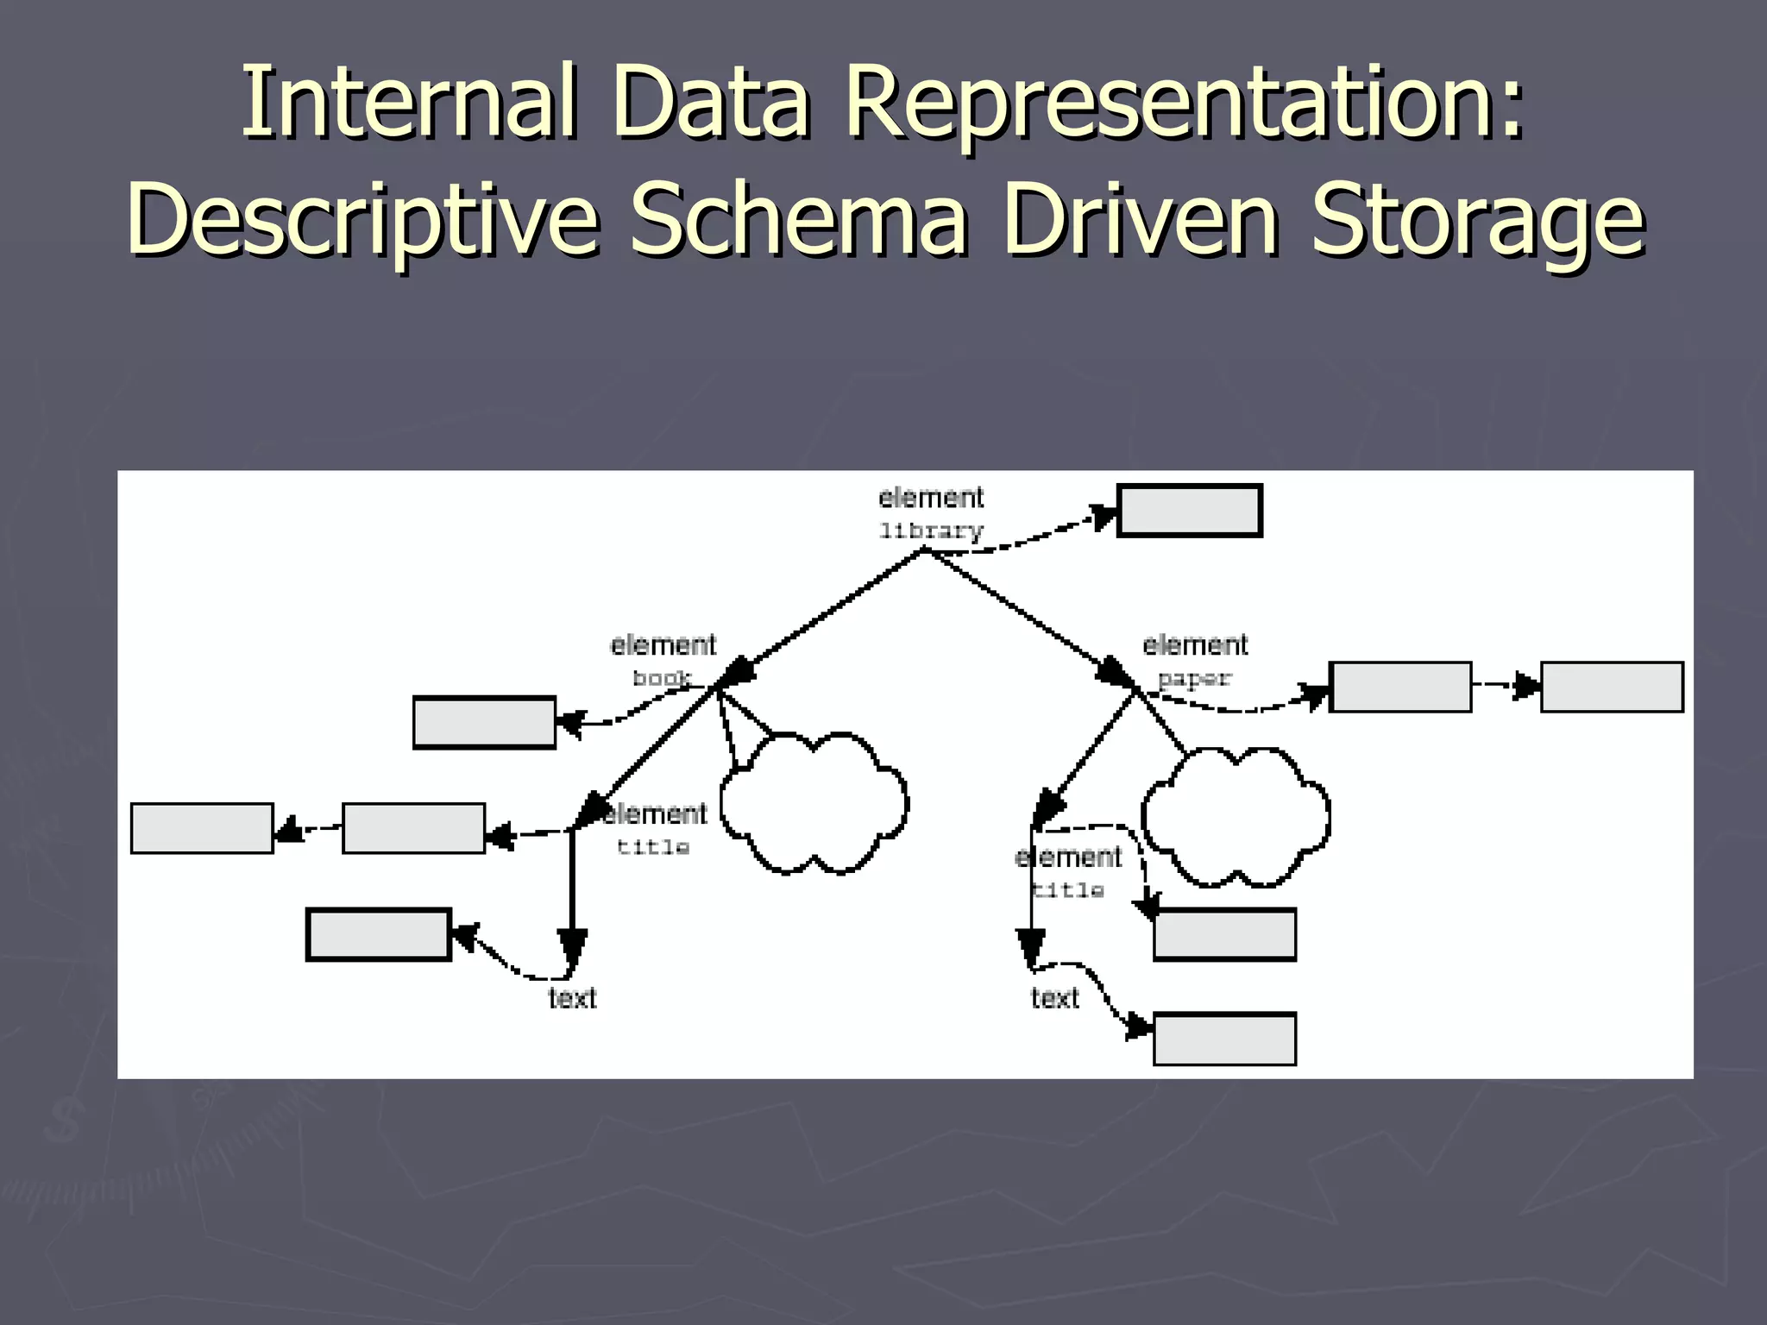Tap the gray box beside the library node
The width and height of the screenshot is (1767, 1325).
point(1189,511)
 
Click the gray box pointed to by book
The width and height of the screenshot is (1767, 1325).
point(484,722)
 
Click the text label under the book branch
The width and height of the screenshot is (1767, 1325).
point(572,998)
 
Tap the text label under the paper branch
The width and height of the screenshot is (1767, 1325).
point(1054,998)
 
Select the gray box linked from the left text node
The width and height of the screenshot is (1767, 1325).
point(379,933)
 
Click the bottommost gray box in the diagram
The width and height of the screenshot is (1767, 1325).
point(1224,1039)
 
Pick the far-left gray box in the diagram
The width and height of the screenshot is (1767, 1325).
point(202,828)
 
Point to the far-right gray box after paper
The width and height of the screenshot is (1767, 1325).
point(1612,687)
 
